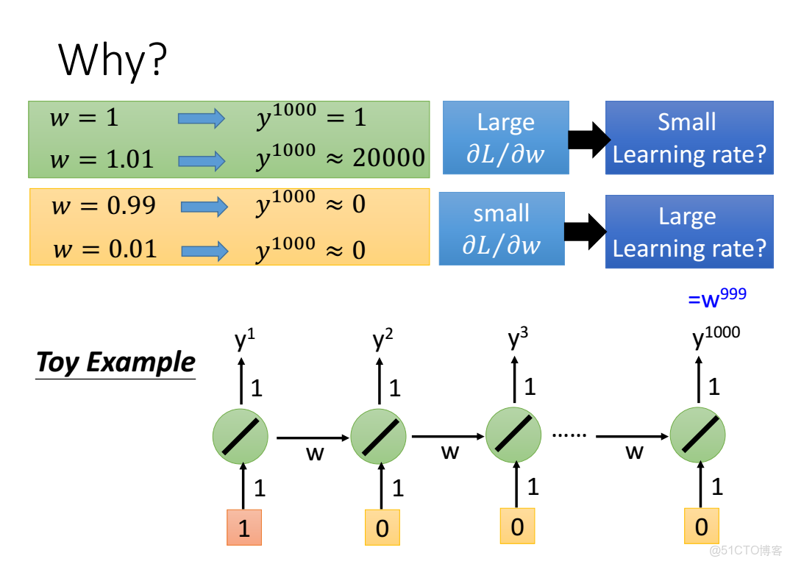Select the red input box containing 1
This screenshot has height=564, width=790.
pos(244,527)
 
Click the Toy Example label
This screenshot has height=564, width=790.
pos(115,363)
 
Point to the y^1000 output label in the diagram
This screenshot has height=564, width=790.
pos(716,339)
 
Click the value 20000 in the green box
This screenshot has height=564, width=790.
pos(388,157)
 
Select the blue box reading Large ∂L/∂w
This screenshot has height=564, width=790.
pos(505,138)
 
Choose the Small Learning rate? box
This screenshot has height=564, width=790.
pos(688,138)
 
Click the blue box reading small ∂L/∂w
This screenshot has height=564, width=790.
pos(501,229)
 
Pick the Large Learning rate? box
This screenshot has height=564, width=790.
pos(688,232)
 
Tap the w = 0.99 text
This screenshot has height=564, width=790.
pos(104,206)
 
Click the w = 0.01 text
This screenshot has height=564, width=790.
pos(105,250)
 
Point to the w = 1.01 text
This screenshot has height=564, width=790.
pos(102,159)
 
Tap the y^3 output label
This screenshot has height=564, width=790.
pos(518,339)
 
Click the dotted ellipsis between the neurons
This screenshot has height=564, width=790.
pos(569,435)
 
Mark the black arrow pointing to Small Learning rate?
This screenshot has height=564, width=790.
pos(589,138)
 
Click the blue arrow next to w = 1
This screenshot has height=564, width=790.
pos(201,118)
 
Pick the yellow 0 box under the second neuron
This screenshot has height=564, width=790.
pos(382,527)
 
